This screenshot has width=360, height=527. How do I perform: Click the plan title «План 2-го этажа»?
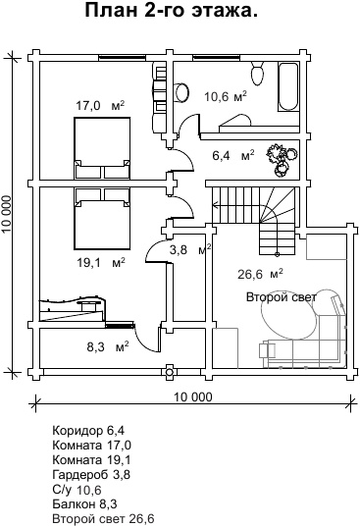coord(172,11)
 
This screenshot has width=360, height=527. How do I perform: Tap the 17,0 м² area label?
coord(100,106)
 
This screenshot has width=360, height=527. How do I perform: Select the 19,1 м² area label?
coord(101,262)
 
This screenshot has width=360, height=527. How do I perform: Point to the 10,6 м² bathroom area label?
coord(226,96)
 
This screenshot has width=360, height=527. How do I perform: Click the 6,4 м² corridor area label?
coord(233,156)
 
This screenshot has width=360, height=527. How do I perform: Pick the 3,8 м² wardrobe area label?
coord(190,249)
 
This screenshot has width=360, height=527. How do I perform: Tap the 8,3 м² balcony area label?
coord(108,346)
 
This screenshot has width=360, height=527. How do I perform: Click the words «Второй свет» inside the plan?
coord(282,297)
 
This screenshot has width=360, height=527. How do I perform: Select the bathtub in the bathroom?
coord(287,87)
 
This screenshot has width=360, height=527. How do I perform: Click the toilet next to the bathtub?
coord(258,74)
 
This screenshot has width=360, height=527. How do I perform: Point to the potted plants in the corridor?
coord(282,159)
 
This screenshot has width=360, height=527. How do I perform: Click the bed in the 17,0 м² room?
coord(102,148)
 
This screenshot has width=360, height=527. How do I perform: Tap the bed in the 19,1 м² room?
coord(102,219)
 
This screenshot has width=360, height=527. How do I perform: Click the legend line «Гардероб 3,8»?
coord(91,475)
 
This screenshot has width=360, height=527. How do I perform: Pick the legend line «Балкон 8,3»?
coord(84,504)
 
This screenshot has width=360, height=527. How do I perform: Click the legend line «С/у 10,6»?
coord(77,490)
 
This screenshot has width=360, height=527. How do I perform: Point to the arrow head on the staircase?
coord(214,204)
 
